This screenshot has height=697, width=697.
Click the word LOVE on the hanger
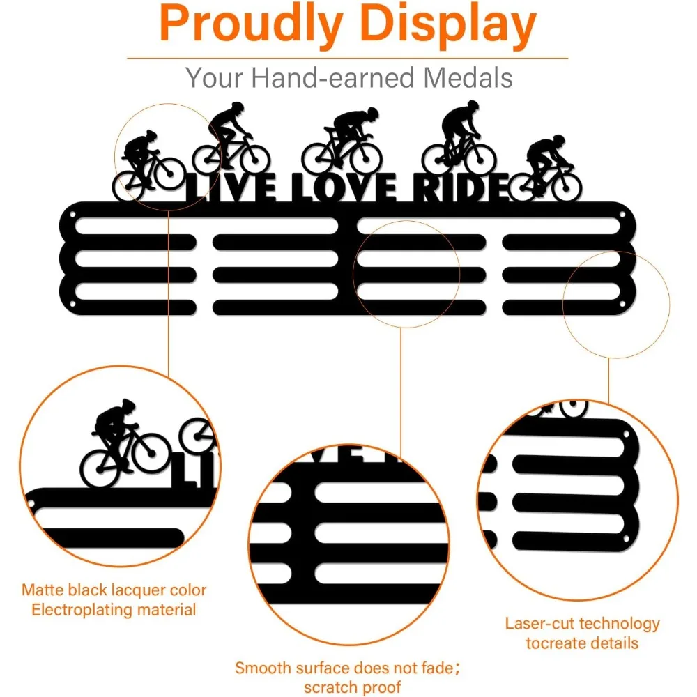click(x=342, y=188)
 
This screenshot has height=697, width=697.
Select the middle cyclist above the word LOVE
click(x=342, y=139)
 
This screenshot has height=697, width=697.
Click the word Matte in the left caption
click(x=44, y=590)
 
